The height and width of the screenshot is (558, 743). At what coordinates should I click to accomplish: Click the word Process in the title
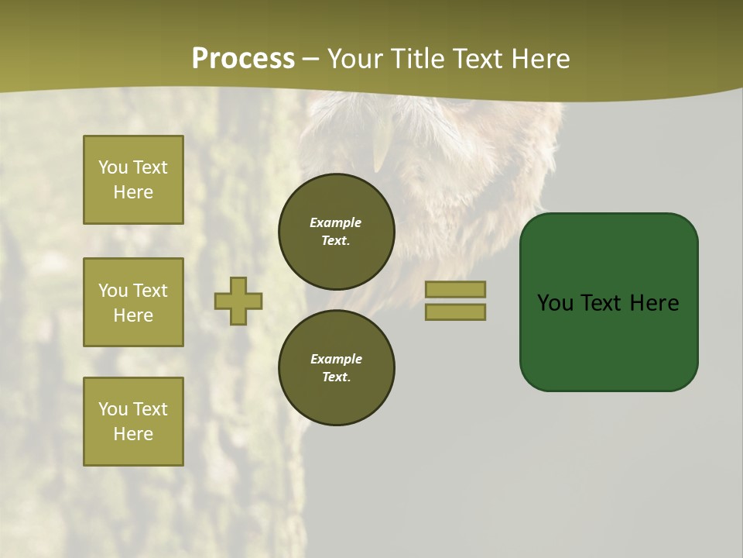coord(243,59)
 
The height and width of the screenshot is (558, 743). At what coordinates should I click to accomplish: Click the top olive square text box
coord(133,180)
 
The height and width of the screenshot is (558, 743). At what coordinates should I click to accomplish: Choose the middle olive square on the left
coord(133,302)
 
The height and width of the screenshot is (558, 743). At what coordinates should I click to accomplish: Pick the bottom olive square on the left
coord(133,422)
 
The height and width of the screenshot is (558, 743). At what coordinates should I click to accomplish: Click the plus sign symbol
coord(238,301)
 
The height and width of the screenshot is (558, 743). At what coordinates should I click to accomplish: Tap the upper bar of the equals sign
coord(455,289)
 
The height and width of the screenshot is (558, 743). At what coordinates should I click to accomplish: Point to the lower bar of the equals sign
coord(455,312)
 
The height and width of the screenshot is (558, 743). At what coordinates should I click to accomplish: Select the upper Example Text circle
coord(337,232)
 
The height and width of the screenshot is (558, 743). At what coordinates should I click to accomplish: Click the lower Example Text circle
coord(337,368)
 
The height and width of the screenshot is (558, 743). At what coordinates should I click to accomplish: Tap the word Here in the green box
coord(654,303)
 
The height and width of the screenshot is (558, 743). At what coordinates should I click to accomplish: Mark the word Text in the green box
coord(601,303)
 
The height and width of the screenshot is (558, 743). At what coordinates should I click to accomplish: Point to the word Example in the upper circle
coord(336,222)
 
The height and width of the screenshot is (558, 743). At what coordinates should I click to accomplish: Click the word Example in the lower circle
coord(336,359)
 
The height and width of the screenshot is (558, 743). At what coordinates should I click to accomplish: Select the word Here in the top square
coord(133,192)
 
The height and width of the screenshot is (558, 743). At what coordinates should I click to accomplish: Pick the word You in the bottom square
coord(113,409)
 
